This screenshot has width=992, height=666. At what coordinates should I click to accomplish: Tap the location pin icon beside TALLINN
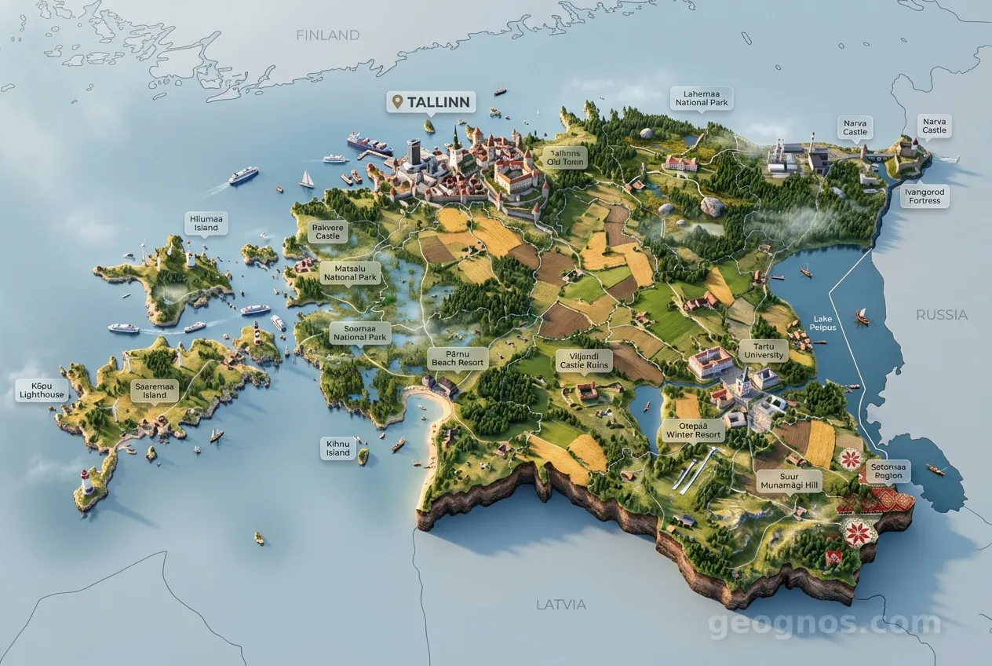coord(396,102)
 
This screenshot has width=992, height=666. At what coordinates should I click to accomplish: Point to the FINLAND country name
coord(327,35)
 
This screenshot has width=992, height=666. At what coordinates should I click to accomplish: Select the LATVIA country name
coord(560,605)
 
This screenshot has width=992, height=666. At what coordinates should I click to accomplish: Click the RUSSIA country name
coord(941,315)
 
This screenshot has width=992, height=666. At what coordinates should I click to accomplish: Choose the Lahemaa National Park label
coord(702,98)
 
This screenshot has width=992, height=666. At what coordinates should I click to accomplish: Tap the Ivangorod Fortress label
coord(924,196)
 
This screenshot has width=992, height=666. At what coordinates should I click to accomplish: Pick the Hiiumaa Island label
coord(206,223)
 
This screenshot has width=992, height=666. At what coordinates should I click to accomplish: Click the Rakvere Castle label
coord(327,232)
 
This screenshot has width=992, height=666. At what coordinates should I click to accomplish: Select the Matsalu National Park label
coord(351,273)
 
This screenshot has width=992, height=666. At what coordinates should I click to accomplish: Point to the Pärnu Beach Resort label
coord(458,359)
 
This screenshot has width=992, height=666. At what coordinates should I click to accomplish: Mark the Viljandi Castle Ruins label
coord(584,360)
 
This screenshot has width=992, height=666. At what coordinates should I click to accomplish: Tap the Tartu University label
coord(763,350)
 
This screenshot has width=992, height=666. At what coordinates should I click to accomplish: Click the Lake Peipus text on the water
coord(822,322)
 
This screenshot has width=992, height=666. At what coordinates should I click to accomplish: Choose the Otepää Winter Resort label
coord(693,430)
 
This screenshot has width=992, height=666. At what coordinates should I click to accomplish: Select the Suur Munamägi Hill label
coord(789,481)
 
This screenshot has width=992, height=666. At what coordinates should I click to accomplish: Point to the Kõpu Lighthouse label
coord(42,390)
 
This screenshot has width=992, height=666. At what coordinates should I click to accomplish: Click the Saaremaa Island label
coord(155,390)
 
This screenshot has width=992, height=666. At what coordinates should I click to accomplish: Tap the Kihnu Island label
coord(338,448)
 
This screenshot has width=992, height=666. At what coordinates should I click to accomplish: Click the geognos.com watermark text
coord(824,624)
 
